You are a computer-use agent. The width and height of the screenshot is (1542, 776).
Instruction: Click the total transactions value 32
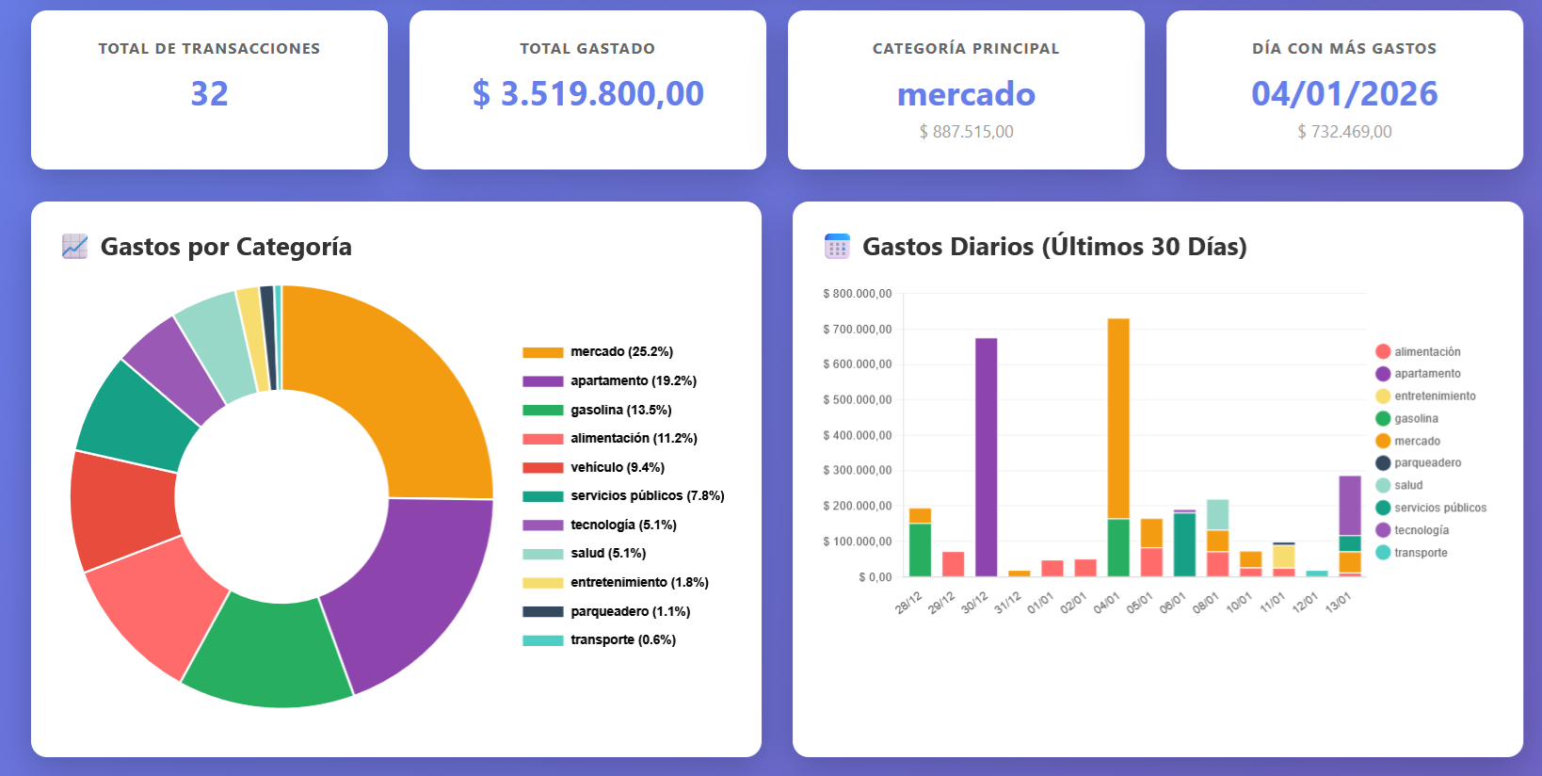(x=209, y=93)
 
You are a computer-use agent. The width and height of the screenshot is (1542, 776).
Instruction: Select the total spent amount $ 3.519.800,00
(x=587, y=93)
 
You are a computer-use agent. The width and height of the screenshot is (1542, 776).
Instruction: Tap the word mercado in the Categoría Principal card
(x=966, y=94)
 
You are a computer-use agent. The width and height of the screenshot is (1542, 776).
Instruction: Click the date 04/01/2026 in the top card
(x=1344, y=93)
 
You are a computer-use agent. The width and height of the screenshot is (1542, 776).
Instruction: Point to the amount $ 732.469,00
(x=1344, y=132)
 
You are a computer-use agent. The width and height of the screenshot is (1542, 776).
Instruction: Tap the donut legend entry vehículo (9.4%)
(x=617, y=467)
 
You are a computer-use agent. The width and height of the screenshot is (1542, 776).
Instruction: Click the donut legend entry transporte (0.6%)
(x=622, y=640)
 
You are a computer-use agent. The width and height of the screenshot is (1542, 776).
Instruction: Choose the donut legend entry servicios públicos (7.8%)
(x=647, y=496)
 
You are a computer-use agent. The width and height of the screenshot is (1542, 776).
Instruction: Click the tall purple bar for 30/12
(x=986, y=457)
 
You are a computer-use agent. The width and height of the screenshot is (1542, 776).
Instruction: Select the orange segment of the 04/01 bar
(x=1118, y=419)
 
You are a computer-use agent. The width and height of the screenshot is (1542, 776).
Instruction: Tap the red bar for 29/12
(x=953, y=564)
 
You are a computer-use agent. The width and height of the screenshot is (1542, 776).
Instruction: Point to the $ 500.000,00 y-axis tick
(x=857, y=400)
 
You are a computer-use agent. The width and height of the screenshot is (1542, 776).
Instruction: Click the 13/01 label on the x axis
(x=1338, y=603)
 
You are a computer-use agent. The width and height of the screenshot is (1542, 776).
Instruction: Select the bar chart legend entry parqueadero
(x=1427, y=463)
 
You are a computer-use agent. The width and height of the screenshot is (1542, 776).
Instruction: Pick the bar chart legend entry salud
(x=1408, y=486)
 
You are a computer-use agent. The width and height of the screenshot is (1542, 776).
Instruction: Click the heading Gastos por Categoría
(x=226, y=247)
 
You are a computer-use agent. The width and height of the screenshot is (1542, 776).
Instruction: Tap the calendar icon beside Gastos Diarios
(x=837, y=247)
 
